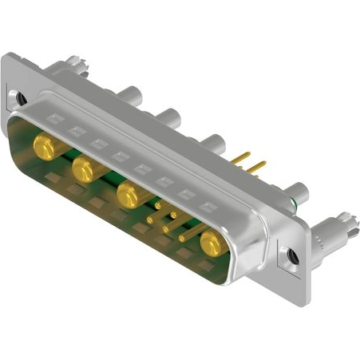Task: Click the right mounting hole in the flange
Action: click(x=292, y=256)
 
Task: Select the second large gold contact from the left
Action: click(x=83, y=168)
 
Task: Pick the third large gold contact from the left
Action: click(x=128, y=194)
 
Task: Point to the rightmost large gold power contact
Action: click(x=212, y=244)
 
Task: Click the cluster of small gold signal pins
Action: click(x=168, y=220)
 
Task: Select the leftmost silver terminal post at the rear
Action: click(x=127, y=94)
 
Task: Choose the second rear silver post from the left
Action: click(x=169, y=117)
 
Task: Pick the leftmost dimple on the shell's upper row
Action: click(x=55, y=119)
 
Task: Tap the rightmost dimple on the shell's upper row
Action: click(x=209, y=206)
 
